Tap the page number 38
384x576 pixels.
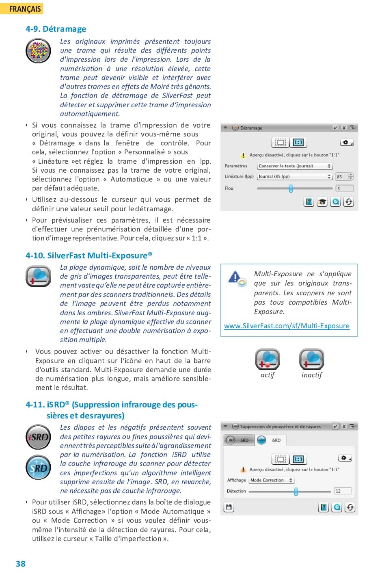(x=21, y=563)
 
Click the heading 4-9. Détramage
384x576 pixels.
(x=56, y=29)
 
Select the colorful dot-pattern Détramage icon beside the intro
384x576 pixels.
(x=38, y=51)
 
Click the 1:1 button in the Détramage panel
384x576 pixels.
(x=298, y=143)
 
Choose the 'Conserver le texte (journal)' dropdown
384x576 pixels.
(x=295, y=166)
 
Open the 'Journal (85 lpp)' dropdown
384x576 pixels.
(x=295, y=177)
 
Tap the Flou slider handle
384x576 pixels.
(x=291, y=188)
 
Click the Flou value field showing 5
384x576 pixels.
(x=344, y=188)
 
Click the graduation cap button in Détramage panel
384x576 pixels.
(x=322, y=202)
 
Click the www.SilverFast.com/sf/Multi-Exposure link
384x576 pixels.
(x=287, y=326)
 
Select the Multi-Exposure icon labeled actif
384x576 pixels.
(x=268, y=359)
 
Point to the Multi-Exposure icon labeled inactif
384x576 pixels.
(x=311, y=359)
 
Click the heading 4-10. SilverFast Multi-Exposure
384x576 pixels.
(x=88, y=256)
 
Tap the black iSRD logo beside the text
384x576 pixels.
(x=38, y=437)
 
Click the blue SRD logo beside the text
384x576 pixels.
(x=38, y=468)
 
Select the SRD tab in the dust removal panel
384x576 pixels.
(x=239, y=440)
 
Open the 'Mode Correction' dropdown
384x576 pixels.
(x=271, y=480)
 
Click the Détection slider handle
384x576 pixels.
(x=296, y=492)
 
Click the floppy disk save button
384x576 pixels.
(x=229, y=507)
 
